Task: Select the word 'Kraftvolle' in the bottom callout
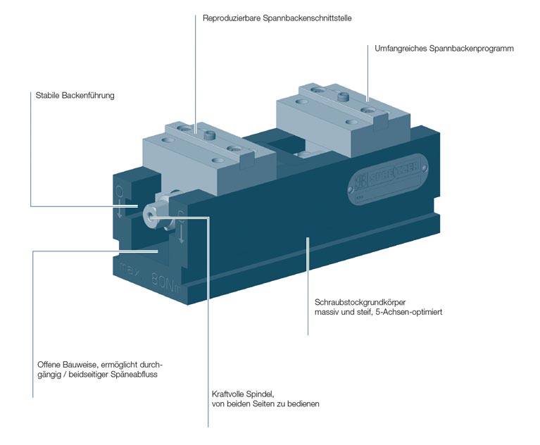[x=230, y=394]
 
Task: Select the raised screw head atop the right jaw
[x=345, y=96]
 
